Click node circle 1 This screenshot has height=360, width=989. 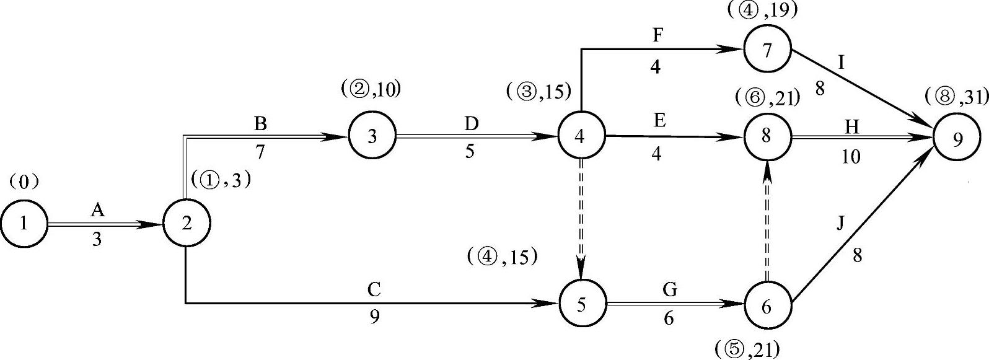(x=24, y=224)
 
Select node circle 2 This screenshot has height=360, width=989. (x=186, y=224)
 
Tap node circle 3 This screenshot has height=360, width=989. (x=372, y=136)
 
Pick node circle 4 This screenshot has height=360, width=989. (x=581, y=136)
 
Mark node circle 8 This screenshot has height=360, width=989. (x=767, y=136)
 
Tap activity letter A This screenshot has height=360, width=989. (x=97, y=211)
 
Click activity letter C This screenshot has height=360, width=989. (x=374, y=289)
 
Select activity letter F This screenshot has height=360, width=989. (x=657, y=35)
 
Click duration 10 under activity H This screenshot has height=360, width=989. (x=851, y=157)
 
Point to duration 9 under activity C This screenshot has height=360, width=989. (x=374, y=317)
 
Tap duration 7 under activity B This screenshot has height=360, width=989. (x=260, y=152)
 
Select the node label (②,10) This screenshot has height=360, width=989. (x=371, y=90)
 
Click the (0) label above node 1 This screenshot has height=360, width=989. (x=24, y=182)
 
